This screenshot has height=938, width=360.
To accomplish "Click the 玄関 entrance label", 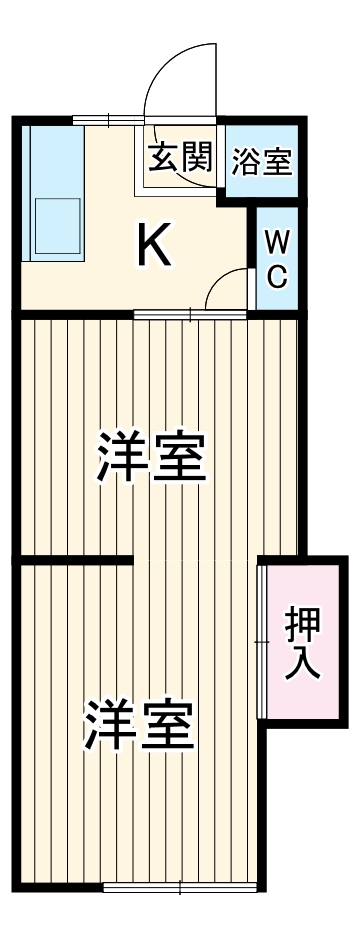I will (x=180, y=157).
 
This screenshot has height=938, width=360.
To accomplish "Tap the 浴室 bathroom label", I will (x=261, y=162).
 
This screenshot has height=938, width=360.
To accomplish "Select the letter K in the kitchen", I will (x=154, y=245).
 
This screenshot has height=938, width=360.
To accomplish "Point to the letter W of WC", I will (x=278, y=242).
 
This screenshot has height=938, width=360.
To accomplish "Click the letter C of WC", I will (x=278, y=276).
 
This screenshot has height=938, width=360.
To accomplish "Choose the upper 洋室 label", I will (x=150, y=457).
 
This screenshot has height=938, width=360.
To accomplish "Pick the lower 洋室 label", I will (x=137, y=726).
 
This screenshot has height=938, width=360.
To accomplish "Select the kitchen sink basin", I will (x=58, y=227).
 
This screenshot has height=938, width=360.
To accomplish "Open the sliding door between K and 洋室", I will (x=190, y=316).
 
